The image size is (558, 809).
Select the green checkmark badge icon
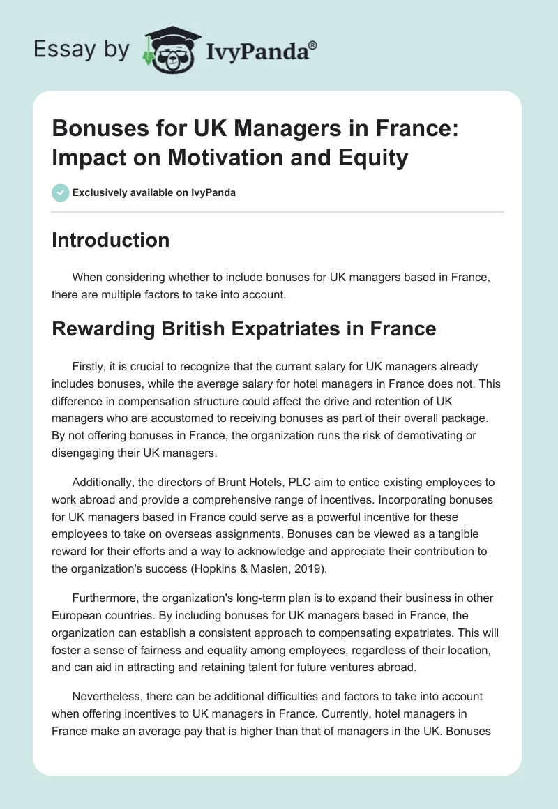(x=60, y=192)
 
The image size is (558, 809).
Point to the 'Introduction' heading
(x=110, y=240)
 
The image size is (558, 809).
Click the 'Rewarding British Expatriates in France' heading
(x=243, y=328)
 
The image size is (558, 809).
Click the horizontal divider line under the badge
(x=278, y=212)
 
